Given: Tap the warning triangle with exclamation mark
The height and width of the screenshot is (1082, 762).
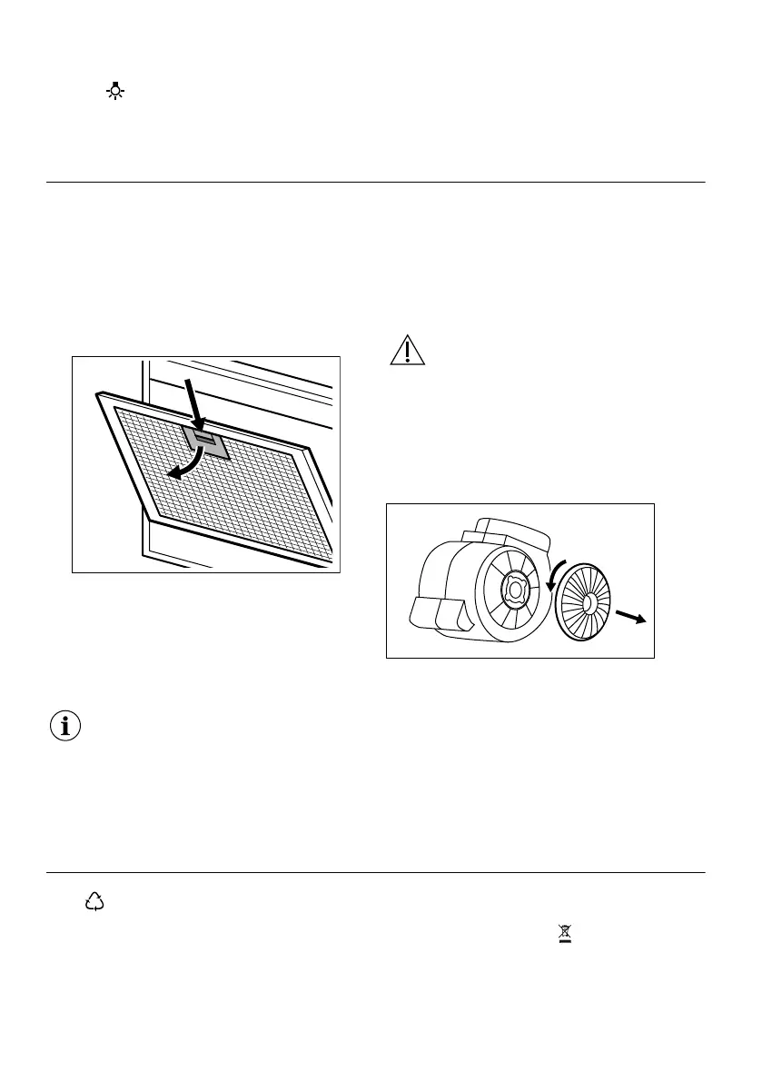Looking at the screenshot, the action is click(x=408, y=350).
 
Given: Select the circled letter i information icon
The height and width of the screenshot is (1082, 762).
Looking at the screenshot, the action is click(x=64, y=727).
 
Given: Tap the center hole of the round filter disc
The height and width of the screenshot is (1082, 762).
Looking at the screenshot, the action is click(x=589, y=601).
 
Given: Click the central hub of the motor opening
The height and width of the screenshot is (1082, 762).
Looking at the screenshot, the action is click(x=515, y=590).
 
